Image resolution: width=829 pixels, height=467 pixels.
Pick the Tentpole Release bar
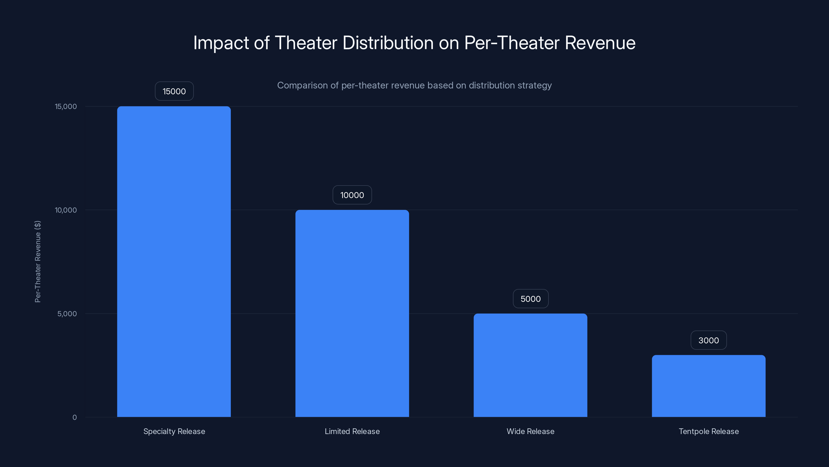[709, 386]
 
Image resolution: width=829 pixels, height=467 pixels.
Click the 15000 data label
[174, 91]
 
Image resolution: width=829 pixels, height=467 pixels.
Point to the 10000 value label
[352, 195]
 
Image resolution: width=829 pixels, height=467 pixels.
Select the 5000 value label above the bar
[530, 299]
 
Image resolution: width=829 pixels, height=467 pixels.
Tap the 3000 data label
[709, 340]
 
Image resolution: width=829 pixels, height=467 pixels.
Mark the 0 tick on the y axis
[75, 417]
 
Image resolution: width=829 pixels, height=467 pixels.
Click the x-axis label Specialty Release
[174, 431]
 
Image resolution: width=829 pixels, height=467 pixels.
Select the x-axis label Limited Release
[352, 431]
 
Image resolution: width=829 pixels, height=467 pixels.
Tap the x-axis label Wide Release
[530, 431]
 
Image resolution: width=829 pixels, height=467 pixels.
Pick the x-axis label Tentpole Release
[709, 431]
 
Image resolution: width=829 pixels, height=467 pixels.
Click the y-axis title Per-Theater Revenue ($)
[38, 261]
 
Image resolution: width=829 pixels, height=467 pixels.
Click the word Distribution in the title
[388, 43]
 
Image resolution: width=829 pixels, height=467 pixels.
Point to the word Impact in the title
[221, 43]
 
